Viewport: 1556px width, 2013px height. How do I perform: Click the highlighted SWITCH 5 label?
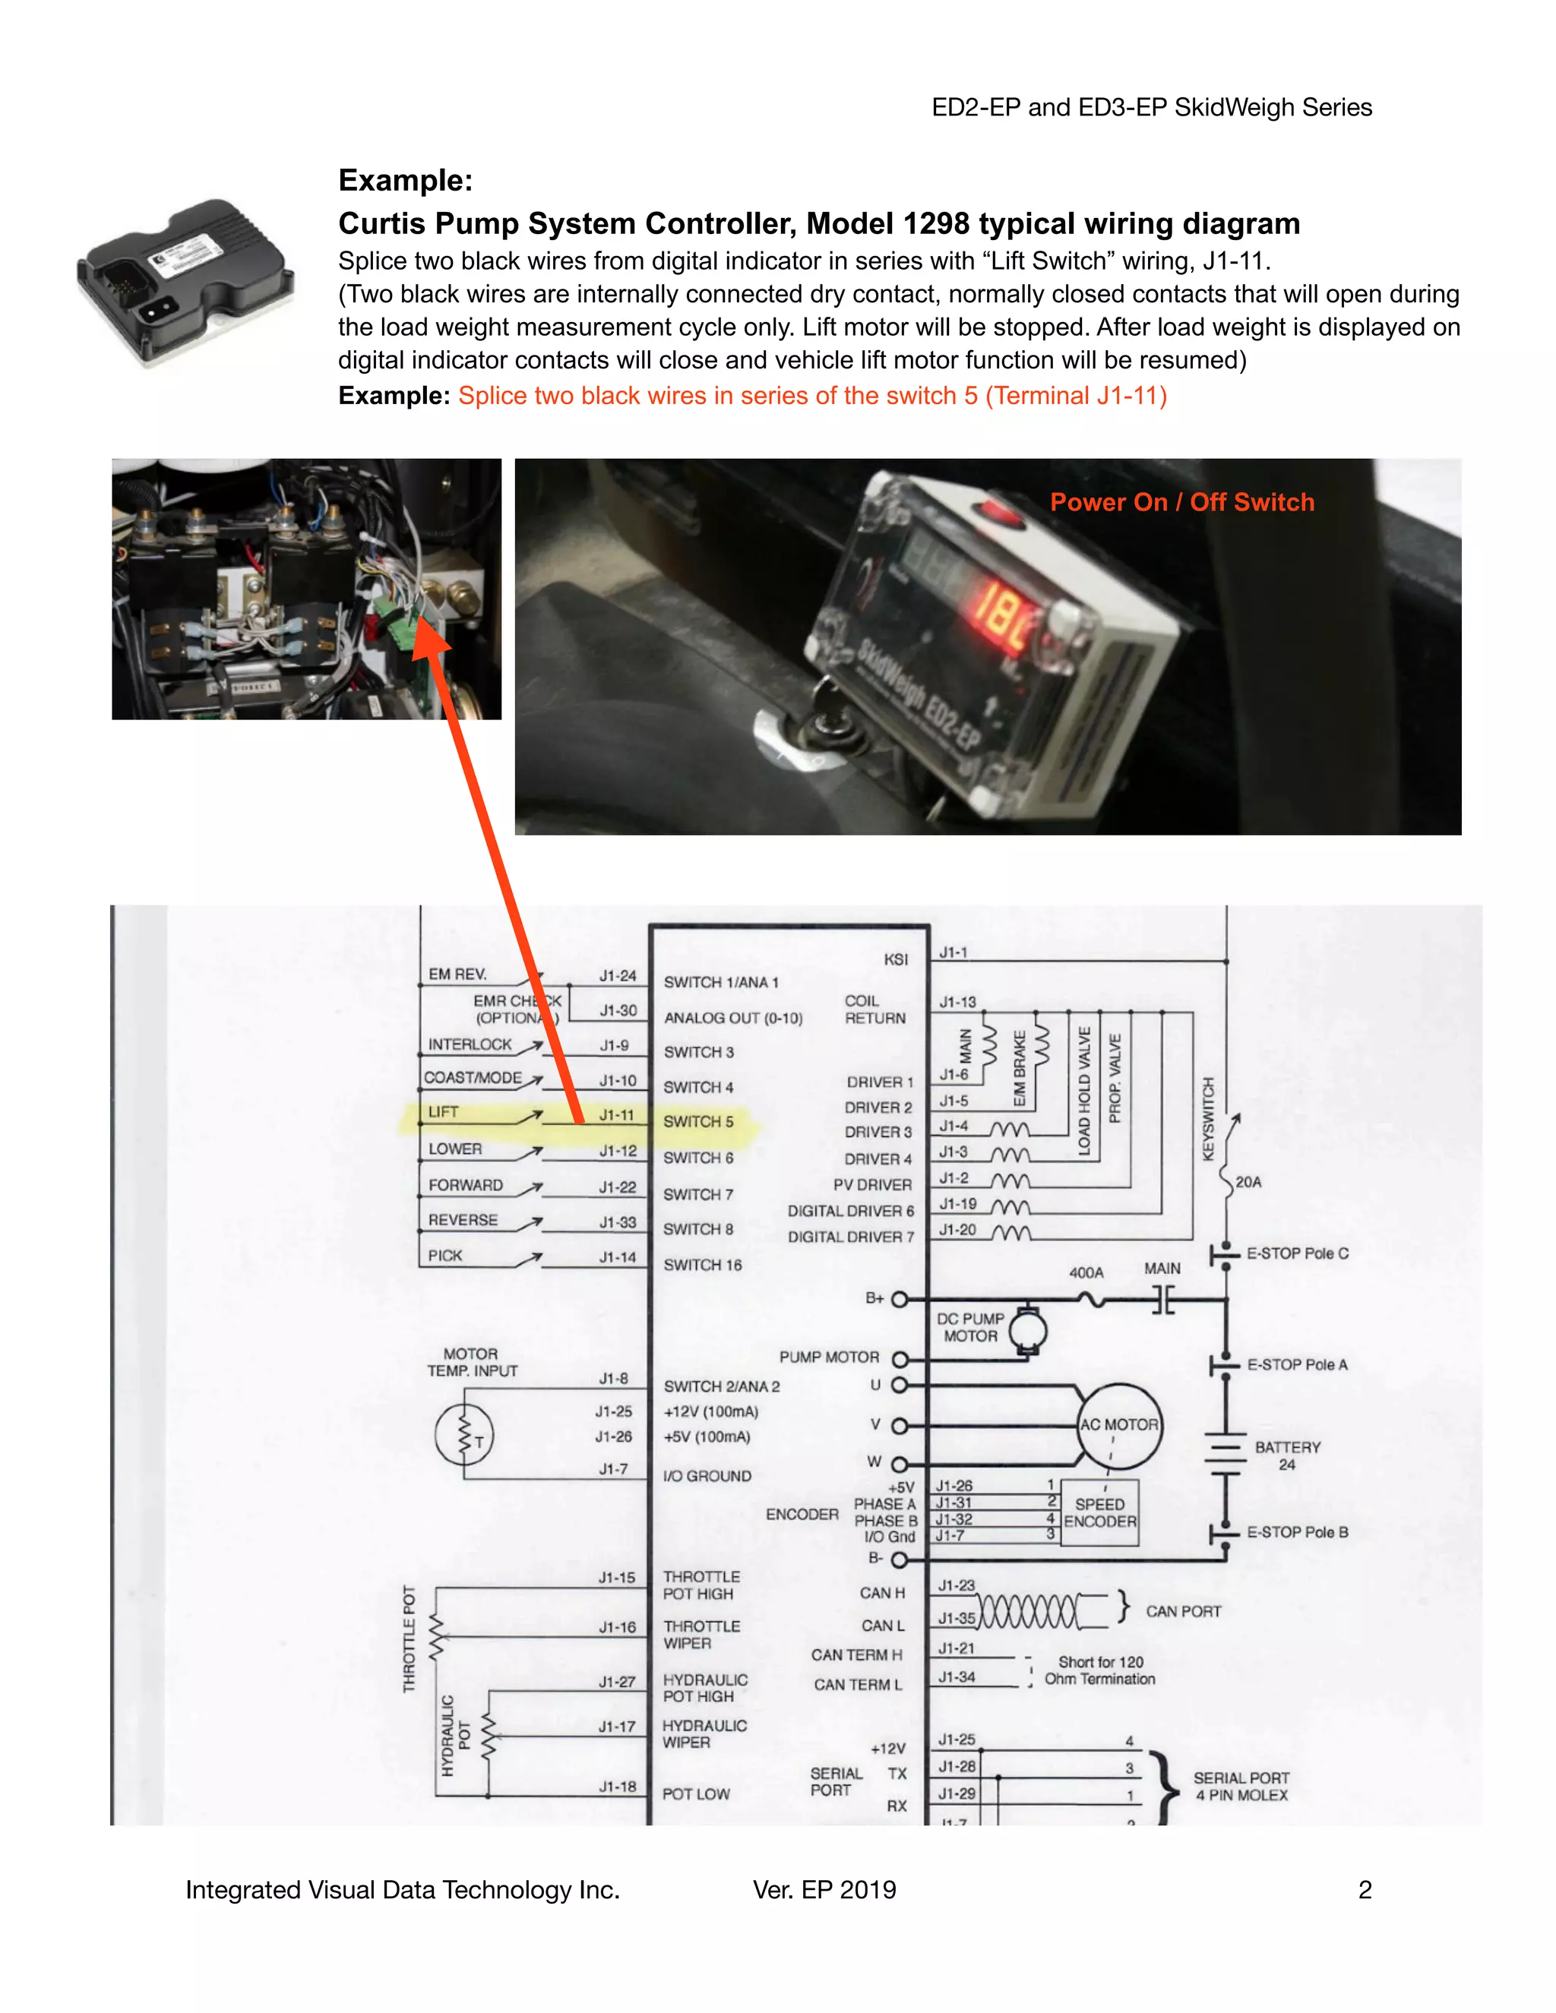[697, 1122]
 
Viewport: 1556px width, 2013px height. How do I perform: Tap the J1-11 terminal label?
[617, 1115]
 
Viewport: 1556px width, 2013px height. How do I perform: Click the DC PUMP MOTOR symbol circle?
[1027, 1330]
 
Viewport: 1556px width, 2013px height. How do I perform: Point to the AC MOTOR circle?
[1119, 1425]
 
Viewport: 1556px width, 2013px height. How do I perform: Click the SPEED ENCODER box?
[1099, 1512]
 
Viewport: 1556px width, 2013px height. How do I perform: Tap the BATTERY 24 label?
[1287, 1455]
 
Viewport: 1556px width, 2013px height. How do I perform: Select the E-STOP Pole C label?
[1297, 1253]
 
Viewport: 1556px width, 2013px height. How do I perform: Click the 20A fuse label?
[1248, 1182]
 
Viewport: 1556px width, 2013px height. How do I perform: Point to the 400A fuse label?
[1086, 1273]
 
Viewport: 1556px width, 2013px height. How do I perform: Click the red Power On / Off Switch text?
[1181, 502]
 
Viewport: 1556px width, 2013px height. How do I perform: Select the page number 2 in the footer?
[1365, 1891]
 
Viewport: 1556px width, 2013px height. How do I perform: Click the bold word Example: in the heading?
[406, 181]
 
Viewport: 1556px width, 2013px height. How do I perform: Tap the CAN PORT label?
[1183, 1611]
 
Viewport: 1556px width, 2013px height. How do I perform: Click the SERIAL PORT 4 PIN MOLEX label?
[1241, 1787]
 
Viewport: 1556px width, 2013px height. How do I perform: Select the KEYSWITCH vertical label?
[1209, 1118]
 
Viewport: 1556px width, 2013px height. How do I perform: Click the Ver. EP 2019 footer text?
[824, 1891]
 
